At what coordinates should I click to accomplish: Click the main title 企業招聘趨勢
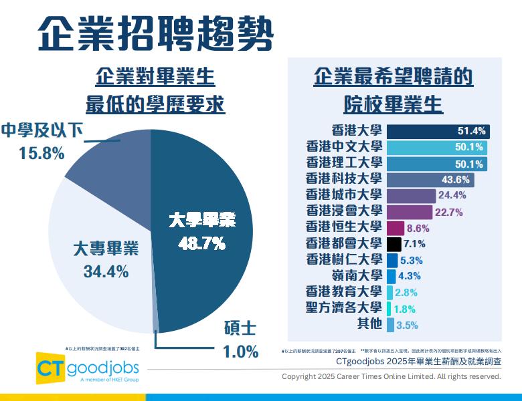(x=155, y=31)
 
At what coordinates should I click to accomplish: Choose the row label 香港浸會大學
(x=343, y=211)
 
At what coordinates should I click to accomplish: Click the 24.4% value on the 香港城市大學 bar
(x=433, y=195)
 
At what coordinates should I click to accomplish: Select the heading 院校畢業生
(x=394, y=104)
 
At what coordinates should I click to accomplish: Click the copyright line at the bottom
(x=391, y=376)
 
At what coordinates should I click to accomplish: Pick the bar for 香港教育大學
(x=389, y=292)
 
